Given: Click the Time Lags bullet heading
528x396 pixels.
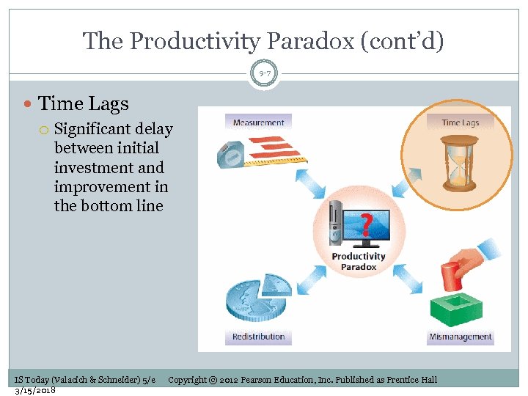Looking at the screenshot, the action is [83, 105].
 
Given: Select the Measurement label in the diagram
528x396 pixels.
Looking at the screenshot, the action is [258, 122].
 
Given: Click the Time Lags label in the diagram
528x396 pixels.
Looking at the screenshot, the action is [460, 122].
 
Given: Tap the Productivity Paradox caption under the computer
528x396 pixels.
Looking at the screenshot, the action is [359, 262].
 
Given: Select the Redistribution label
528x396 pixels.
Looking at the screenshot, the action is [258, 337].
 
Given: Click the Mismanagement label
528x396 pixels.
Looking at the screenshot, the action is [461, 337].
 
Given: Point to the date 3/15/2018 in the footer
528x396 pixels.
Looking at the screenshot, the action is [35, 390].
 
